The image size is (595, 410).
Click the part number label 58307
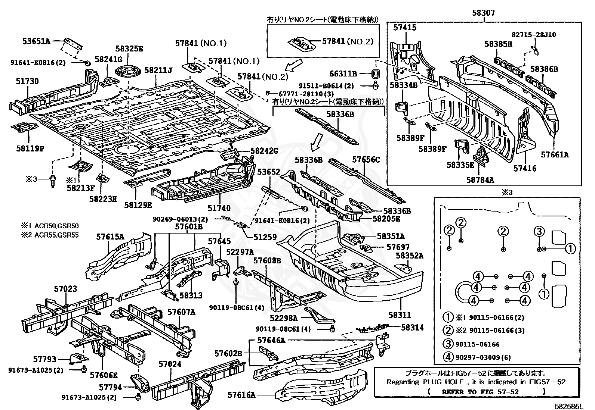[x=483, y=13]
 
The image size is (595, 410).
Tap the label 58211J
[x=158, y=69]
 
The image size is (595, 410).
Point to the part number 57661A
[x=555, y=154]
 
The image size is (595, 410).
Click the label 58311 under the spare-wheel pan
[x=399, y=315]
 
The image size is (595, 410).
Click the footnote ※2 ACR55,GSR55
[x=50, y=235]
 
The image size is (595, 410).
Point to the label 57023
[x=65, y=288]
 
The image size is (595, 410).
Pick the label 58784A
[x=480, y=180]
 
